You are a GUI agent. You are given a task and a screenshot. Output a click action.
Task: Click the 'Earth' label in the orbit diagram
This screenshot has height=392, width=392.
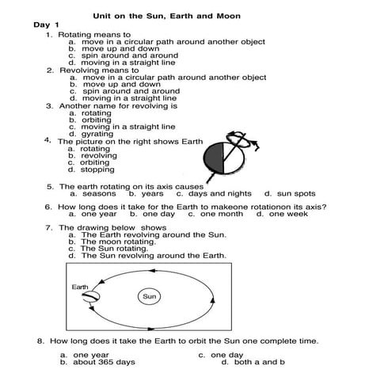81,286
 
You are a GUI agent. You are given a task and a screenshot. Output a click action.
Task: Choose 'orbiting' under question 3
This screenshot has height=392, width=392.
96,120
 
